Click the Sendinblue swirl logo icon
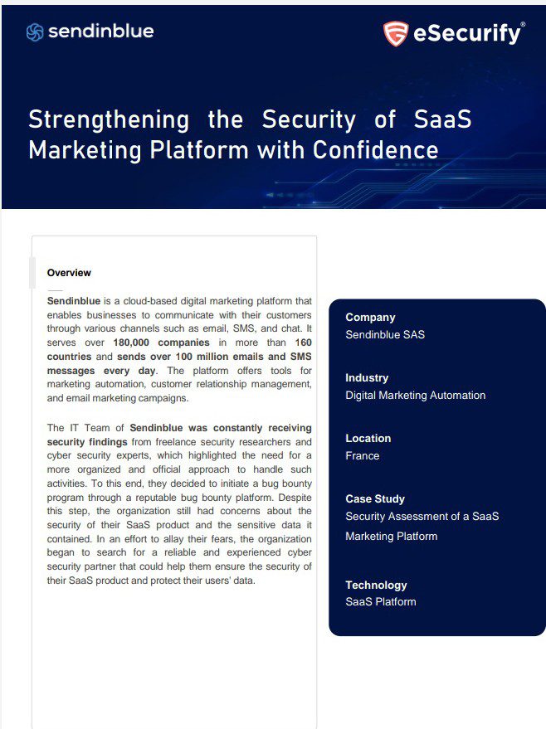coord(35,32)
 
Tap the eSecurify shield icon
coord(396,33)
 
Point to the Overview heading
coord(69,273)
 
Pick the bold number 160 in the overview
coord(303,343)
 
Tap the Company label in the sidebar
coord(370,317)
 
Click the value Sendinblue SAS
coord(385,335)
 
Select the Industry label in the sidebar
coord(367,377)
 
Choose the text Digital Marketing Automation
coord(415,396)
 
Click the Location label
coord(368,438)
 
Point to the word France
coord(362,456)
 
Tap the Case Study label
coord(375,498)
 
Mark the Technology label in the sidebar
coord(376,585)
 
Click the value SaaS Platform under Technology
coord(379,602)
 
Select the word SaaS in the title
coord(442,119)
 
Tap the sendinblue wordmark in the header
coord(100,32)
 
